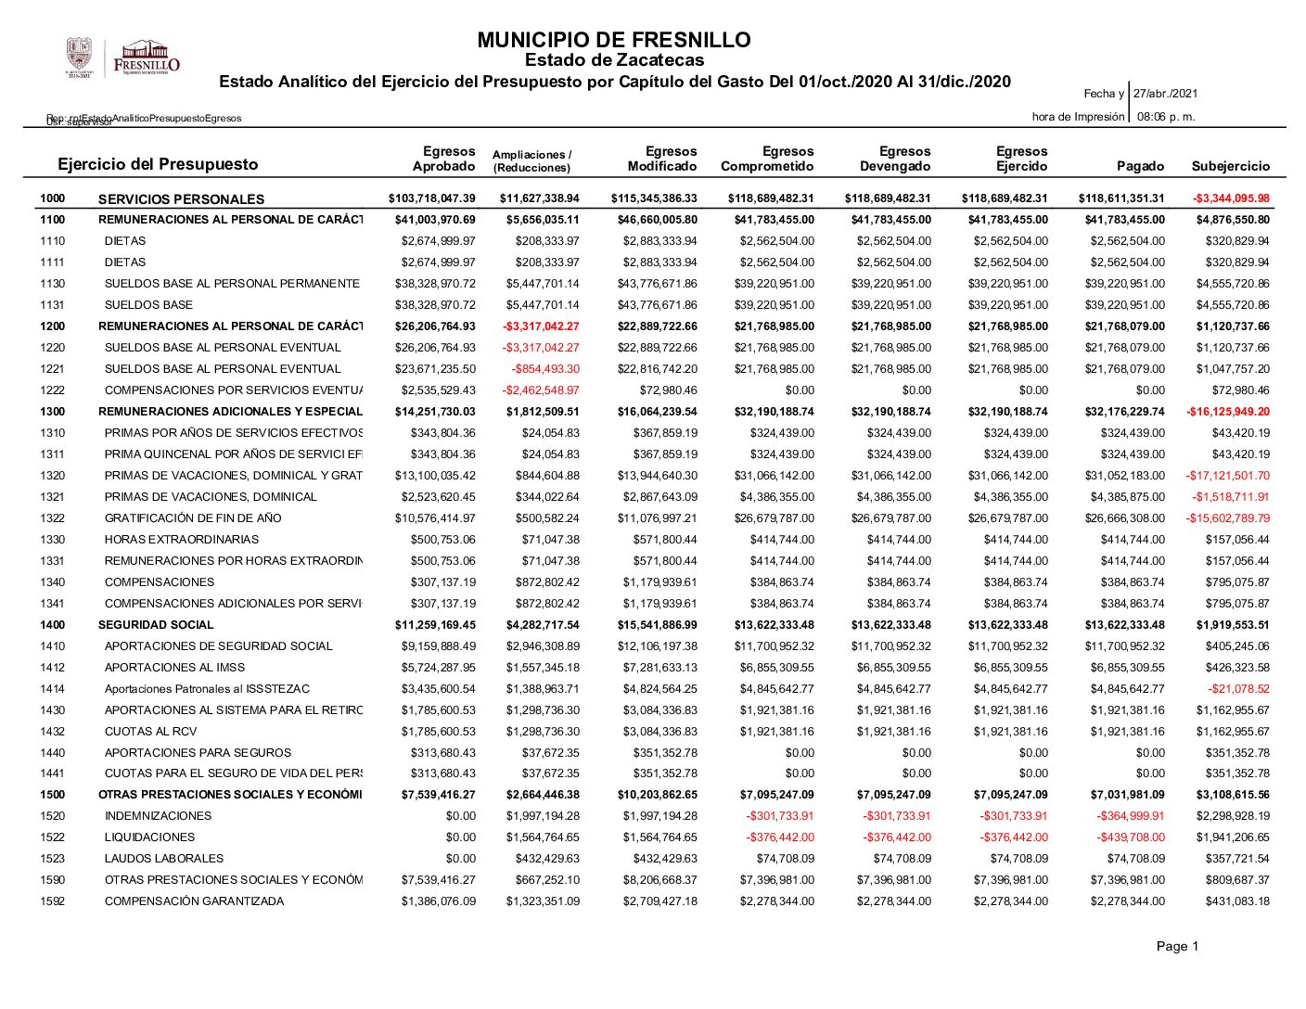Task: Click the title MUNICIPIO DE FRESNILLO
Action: click(x=613, y=41)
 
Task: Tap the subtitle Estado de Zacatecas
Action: click(x=614, y=60)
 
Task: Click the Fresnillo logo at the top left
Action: click(x=123, y=57)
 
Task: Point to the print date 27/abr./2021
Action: click(x=1165, y=94)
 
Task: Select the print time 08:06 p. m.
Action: click(x=1166, y=117)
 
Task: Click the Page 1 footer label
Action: click(x=1177, y=947)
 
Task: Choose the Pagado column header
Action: click(x=1140, y=166)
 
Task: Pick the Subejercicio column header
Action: click(x=1230, y=166)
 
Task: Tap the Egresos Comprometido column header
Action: click(x=767, y=159)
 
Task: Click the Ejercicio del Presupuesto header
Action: click(x=158, y=164)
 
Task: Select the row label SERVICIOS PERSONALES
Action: click(x=181, y=199)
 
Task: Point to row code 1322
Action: click(x=53, y=518)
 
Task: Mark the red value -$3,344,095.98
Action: click(x=1231, y=198)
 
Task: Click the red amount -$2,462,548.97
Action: click(x=541, y=390)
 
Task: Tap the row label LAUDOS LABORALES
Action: click(x=164, y=859)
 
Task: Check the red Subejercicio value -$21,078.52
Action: click(x=1238, y=689)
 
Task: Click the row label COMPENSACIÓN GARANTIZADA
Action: click(x=195, y=901)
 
